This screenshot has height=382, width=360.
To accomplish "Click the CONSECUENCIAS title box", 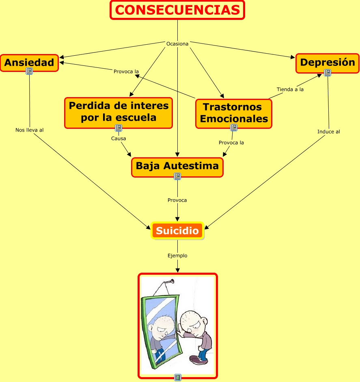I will point(177,10).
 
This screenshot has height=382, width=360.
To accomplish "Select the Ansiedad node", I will point(29,63).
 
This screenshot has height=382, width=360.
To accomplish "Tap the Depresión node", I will point(328,63).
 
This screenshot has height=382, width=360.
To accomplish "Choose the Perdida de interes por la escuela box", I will point(119,112).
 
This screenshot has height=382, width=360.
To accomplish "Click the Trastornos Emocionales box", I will point(234,113).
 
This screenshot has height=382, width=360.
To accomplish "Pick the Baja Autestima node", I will point(177,166).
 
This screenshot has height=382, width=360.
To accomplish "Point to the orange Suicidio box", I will point(177,231).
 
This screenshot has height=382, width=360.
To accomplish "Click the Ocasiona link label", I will point(177,44).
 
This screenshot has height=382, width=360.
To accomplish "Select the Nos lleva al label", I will point(30,130).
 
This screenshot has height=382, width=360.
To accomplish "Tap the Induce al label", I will point(329,132).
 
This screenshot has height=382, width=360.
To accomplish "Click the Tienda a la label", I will point(290,89).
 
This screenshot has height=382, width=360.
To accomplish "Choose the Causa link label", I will point(119,139).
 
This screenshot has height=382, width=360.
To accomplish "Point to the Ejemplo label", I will point(177,256).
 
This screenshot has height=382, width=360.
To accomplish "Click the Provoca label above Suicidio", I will point(177,200).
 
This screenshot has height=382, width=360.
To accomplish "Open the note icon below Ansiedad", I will point(29,72).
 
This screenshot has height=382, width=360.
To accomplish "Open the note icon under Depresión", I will point(328,73).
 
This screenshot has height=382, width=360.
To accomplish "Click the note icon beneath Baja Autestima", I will point(177,176).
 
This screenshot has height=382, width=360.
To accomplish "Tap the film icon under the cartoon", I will point(177,378).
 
